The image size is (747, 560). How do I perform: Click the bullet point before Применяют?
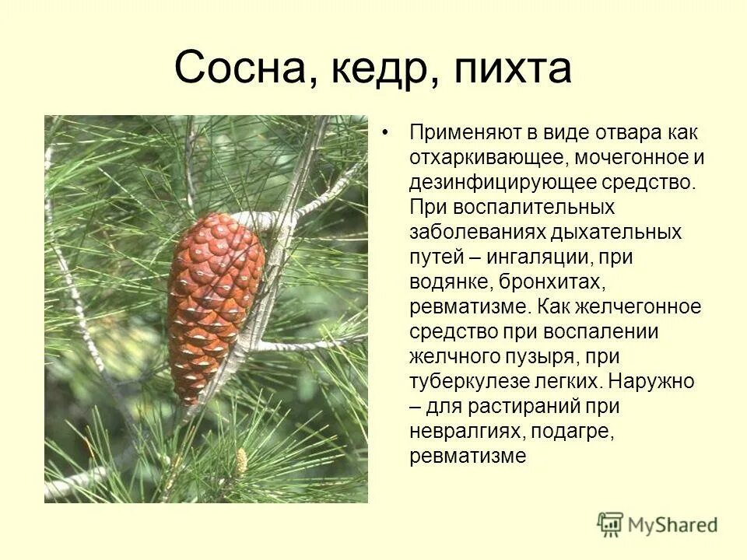pos(385,133)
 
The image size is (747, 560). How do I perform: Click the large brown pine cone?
pos(215,303)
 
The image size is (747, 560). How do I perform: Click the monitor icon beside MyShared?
pos(611,523)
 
